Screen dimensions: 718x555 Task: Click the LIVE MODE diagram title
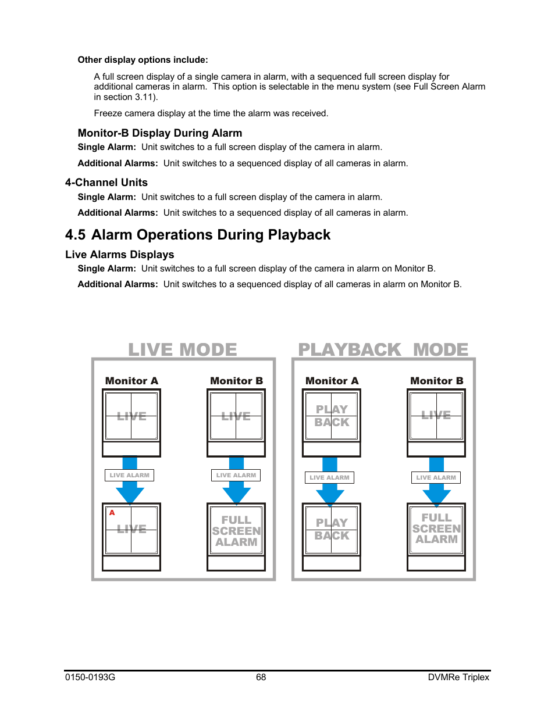pos(183,349)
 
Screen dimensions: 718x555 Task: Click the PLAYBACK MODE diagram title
pos(383,349)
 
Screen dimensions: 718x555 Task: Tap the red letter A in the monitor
pos(112,513)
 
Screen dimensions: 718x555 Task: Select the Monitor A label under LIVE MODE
pos(131,381)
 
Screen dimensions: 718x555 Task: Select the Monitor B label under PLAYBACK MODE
pos(436,381)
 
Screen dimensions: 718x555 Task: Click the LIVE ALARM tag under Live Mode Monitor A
pos(129,475)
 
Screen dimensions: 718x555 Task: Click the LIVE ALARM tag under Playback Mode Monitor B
pos(436,477)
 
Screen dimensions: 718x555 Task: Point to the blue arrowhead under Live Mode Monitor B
pos(236,494)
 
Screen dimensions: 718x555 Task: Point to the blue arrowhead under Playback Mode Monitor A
pos(330,495)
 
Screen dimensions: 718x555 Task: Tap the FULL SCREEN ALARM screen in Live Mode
pos(236,531)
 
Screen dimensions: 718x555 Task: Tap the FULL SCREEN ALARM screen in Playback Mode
pos(436,528)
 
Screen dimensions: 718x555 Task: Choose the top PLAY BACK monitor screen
pos(332,416)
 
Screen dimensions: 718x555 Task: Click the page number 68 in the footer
pos(261,677)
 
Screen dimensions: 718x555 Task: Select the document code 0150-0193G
pos(90,677)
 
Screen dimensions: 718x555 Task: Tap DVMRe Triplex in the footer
pos(458,677)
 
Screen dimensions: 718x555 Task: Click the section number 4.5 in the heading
pos(75,235)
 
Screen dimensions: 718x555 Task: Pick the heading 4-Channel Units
pos(106,183)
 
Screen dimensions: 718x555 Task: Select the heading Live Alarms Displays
pos(120,255)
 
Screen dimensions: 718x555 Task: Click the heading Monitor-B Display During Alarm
pos(160,133)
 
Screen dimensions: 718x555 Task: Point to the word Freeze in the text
pos(108,113)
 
